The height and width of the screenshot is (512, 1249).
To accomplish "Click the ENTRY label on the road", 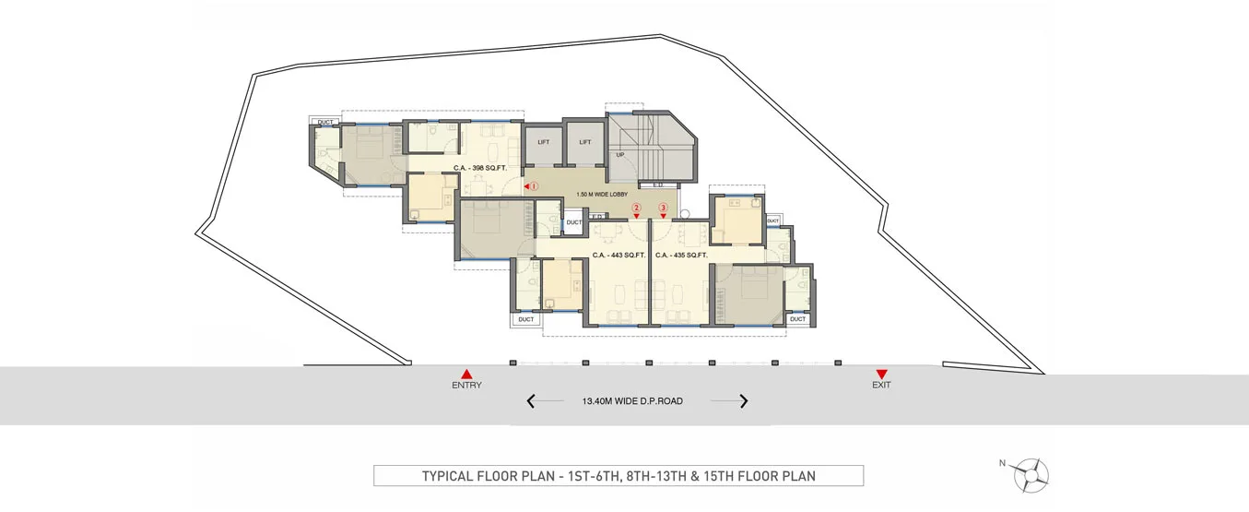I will (466, 385).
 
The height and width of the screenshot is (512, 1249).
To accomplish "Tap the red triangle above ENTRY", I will (466, 374).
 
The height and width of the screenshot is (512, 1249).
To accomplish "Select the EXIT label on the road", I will (881, 385).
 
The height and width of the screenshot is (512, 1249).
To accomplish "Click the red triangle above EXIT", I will (881, 374).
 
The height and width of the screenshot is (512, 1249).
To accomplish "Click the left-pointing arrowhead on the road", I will (531, 401).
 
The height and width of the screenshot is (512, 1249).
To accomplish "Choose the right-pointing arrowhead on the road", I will (743, 401).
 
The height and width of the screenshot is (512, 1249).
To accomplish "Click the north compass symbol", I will (1031, 474).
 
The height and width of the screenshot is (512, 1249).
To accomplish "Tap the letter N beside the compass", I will (1002, 464).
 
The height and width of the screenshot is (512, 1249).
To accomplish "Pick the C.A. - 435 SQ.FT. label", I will (680, 255).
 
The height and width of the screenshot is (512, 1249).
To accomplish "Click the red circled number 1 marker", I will (533, 186).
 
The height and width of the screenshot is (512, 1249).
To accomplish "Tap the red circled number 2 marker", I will (636, 208).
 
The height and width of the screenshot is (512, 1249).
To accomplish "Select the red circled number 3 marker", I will (663, 208).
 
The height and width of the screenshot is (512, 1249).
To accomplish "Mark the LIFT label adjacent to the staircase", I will (584, 142).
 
